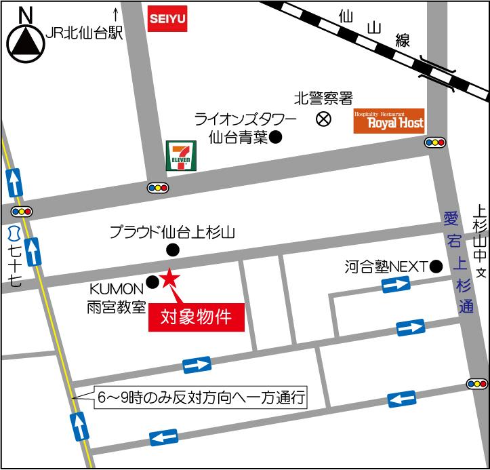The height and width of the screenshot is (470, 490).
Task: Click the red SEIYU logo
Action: coord(167,18)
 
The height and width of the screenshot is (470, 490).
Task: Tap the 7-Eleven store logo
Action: coord(181,156)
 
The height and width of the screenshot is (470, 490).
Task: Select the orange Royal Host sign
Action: coord(389,121)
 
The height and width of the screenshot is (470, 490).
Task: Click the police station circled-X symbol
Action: coord(324,119)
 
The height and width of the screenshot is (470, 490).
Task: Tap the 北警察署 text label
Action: coord(323,99)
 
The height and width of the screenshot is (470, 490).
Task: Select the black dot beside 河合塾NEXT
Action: coord(436,266)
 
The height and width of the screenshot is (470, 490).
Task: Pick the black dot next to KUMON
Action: coord(152,281)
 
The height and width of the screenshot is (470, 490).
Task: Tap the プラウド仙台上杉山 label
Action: coord(173,233)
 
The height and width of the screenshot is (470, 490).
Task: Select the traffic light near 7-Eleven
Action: coord(158,187)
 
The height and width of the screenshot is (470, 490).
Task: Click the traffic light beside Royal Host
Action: coord(435,142)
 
